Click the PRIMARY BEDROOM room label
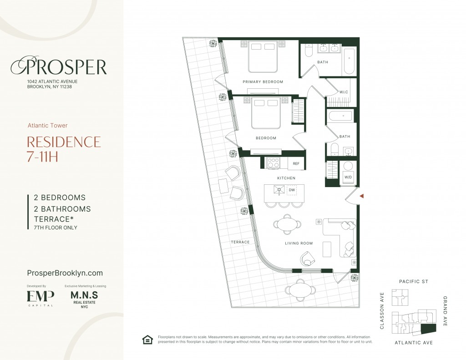tap(263, 82)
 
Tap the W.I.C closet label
tap(344, 92)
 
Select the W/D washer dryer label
tap(348, 177)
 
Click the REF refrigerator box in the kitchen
tap(296, 163)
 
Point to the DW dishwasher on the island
tap(292, 190)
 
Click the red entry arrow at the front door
tap(362, 196)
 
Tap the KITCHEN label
tap(286, 178)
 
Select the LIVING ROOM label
tap(299, 243)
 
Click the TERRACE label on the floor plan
tap(240, 242)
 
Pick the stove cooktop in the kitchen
tap(274, 163)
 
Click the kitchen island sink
tap(279, 190)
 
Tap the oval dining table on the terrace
tap(300, 289)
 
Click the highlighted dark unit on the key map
tap(429, 330)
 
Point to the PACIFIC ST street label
tap(413, 282)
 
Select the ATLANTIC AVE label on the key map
tap(413, 343)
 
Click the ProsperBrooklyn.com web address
tap(65, 273)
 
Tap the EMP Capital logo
tap(41, 298)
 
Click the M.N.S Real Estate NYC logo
tap(84, 299)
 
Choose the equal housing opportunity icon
tap(147, 340)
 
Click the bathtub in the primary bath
tap(349, 61)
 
